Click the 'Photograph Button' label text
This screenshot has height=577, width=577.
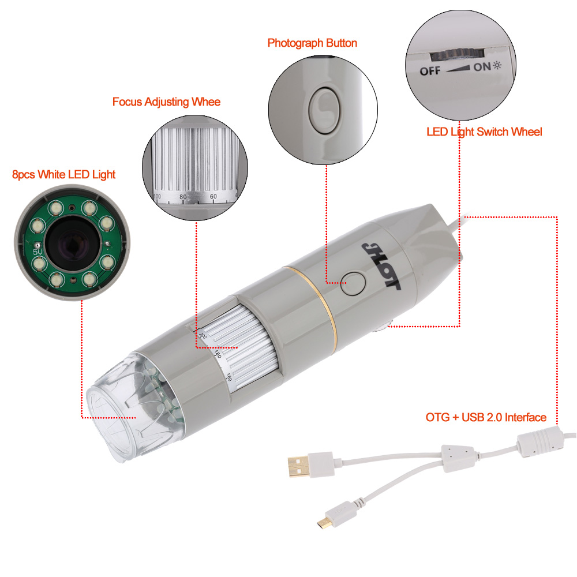click(312, 43)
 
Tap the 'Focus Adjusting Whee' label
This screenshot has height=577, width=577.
click(166, 102)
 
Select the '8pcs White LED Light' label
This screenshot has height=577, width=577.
click(63, 174)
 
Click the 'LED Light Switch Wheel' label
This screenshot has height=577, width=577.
click(484, 132)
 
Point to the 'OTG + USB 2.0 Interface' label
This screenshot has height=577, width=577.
click(486, 417)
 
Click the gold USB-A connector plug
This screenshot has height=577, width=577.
click(298, 466)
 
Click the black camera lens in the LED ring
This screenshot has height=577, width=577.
click(72, 243)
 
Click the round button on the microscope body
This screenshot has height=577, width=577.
click(353, 283)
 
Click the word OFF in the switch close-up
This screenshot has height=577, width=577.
click(430, 70)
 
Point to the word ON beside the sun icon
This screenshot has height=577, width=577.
click(482, 67)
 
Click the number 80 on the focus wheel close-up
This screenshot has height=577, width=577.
click(183, 197)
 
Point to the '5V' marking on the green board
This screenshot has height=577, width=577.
click(38, 252)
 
